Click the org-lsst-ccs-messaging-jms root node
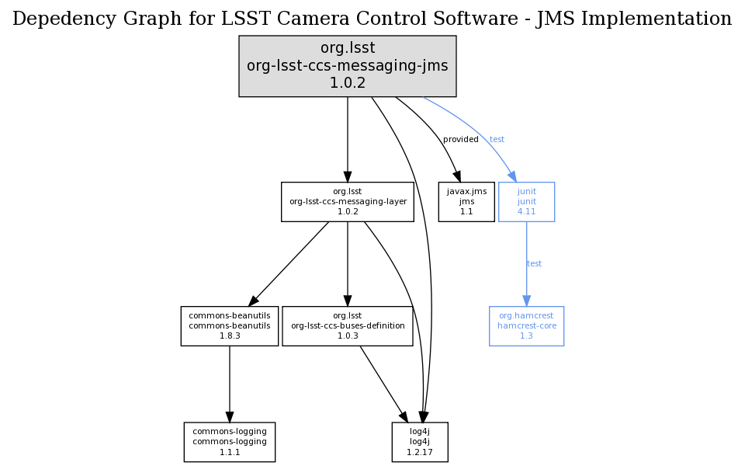tap(347, 66)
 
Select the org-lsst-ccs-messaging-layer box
tap(347, 202)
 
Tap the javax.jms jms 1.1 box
tap(466, 202)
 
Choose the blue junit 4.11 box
tap(526, 202)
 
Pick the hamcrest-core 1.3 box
tap(526, 326)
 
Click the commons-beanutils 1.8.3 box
tap(230, 326)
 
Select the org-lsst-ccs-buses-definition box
tap(347, 326)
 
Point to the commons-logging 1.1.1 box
tap(230, 442)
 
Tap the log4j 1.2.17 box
tap(420, 442)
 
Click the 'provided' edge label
tap(461, 140)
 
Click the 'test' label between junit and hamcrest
tap(535, 264)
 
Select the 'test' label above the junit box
tap(497, 140)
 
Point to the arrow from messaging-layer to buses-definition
tap(347, 264)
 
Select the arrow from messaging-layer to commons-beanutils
tap(288, 264)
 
